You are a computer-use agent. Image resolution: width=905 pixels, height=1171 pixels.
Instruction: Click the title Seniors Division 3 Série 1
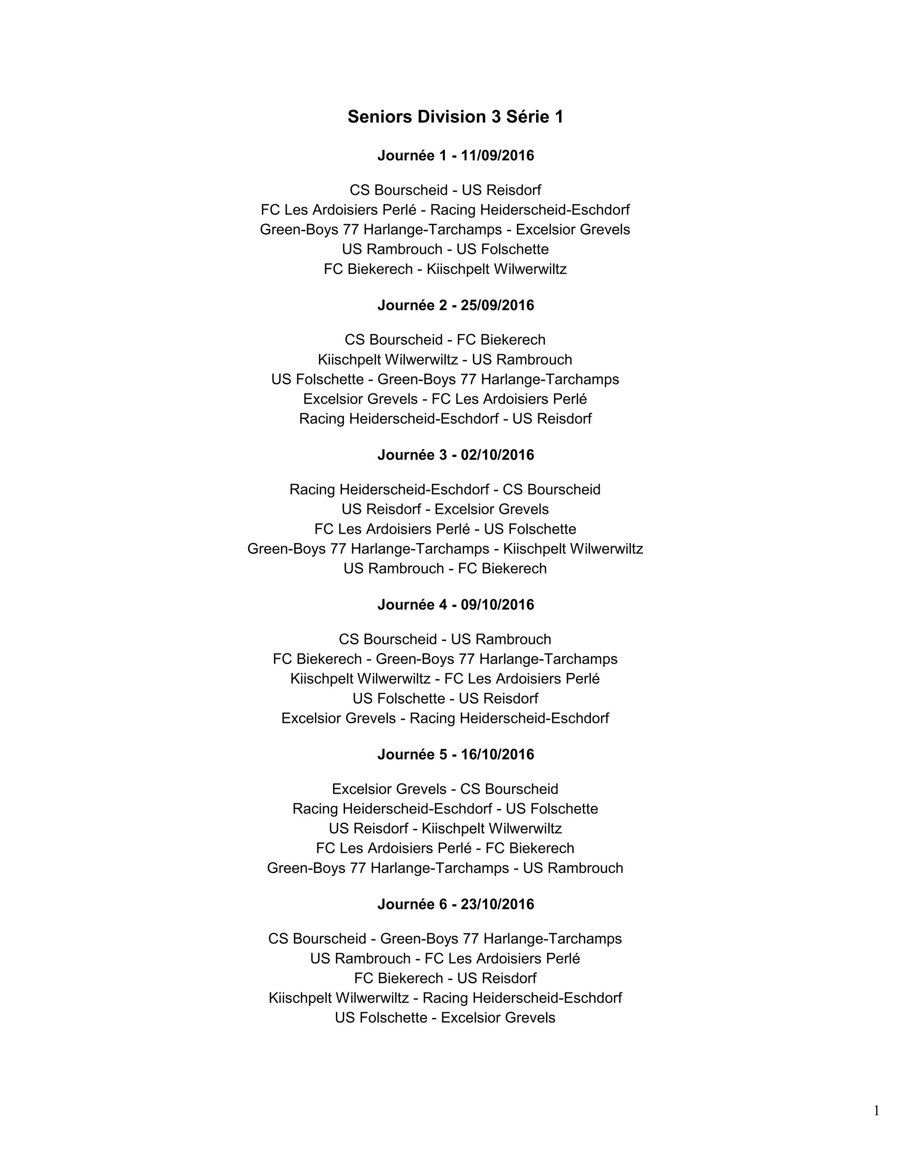pos(455,117)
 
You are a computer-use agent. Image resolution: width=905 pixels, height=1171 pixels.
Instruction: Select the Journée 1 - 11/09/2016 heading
pos(455,156)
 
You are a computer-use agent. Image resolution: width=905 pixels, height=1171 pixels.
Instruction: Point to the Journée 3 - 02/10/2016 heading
pos(455,455)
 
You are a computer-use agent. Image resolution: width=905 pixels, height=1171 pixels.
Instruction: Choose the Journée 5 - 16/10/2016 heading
pos(455,754)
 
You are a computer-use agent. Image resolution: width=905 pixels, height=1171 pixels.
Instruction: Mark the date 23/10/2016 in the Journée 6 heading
pos(497,904)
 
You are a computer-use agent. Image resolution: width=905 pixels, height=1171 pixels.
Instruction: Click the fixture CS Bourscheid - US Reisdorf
pos(445,190)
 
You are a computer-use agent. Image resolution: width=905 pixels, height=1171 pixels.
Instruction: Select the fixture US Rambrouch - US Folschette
pos(445,249)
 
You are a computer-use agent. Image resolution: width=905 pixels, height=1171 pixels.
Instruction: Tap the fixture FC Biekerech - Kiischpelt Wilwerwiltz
pos(445,269)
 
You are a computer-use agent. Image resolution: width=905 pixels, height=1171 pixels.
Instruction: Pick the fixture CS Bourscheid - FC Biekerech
pos(445,339)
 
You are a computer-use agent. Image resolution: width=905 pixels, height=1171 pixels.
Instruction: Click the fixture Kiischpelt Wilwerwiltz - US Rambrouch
pos(445,359)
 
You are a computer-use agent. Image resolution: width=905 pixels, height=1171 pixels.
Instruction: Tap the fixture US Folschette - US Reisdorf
pos(445,698)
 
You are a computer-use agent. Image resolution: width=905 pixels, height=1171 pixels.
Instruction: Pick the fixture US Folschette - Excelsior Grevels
pos(445,1017)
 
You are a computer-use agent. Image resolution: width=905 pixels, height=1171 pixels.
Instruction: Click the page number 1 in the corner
pos(876,1110)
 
